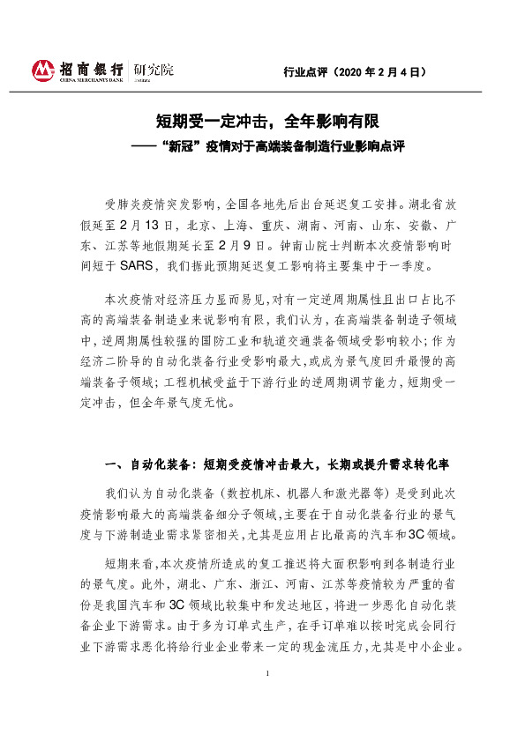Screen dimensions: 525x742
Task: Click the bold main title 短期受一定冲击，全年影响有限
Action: (263, 123)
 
